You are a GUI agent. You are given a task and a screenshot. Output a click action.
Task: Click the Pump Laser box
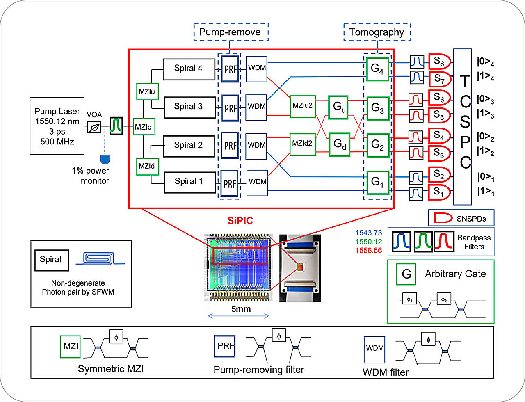tap(57, 126)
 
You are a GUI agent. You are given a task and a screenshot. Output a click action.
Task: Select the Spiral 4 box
tap(189, 69)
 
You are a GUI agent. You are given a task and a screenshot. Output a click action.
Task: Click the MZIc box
tap(144, 127)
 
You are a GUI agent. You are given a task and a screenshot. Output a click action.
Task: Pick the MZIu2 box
tap(303, 106)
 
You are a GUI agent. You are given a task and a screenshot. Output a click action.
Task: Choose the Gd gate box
tap(339, 144)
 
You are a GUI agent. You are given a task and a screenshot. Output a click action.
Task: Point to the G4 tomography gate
tap(377, 69)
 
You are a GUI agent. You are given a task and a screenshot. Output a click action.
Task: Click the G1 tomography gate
tap(377, 182)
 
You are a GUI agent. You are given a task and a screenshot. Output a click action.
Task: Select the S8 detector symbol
tap(439, 62)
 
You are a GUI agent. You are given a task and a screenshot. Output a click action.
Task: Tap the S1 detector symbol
tap(439, 192)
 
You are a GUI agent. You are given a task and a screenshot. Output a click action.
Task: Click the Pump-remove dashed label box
tap(231, 32)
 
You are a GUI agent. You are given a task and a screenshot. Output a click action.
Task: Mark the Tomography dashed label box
tap(377, 32)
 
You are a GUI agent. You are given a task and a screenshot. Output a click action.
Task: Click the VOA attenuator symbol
tap(94, 128)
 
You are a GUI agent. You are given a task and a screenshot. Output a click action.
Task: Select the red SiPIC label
tap(240, 221)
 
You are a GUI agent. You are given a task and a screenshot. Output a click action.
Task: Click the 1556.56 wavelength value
tap(369, 250)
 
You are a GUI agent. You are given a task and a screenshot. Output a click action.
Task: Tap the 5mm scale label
tap(241, 309)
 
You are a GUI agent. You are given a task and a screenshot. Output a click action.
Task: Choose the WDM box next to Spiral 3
tap(256, 107)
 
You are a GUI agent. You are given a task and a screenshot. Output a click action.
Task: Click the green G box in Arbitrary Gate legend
tap(406, 274)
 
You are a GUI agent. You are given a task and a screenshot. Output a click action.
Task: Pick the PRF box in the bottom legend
tap(225, 346)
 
